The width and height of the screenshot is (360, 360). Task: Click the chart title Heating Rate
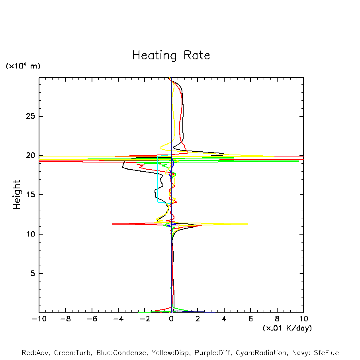point(171,55)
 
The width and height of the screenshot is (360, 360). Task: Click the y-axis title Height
point(17,195)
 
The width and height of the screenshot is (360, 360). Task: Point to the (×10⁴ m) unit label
point(23,66)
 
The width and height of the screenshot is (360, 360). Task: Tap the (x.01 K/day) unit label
point(287,328)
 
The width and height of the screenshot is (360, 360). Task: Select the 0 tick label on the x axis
point(171,319)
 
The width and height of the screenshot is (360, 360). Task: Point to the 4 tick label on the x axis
point(224,319)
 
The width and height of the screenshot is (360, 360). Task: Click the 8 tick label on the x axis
point(277,319)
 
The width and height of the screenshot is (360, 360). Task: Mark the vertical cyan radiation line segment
point(158,179)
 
